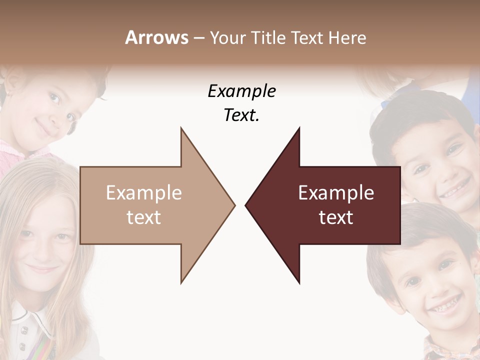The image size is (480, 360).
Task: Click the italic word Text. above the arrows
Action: [x=241, y=115]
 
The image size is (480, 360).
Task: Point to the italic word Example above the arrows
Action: [x=241, y=91]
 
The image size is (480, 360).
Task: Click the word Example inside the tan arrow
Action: [x=144, y=193]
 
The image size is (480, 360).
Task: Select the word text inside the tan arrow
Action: [x=144, y=217]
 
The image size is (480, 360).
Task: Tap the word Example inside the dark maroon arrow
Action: [x=336, y=193]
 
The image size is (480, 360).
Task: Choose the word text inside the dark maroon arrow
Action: [x=336, y=217]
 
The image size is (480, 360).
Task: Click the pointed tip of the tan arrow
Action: [x=234, y=205]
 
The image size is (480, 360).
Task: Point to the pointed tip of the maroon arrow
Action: [x=245, y=205]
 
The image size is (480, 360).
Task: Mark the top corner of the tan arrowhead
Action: [x=181, y=128]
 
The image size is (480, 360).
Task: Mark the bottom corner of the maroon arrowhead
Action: [x=299, y=283]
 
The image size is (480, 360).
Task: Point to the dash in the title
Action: [x=198, y=38]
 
